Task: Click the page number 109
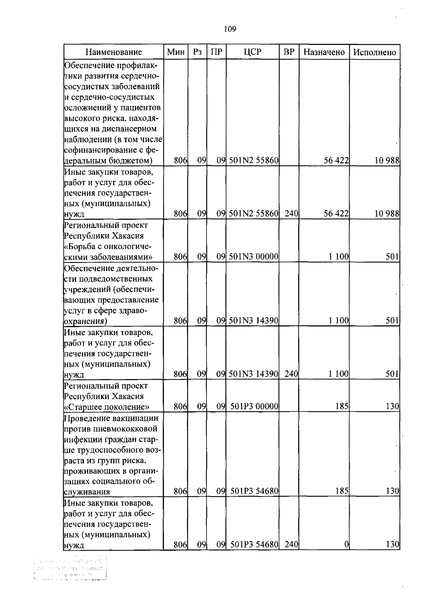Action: [230, 29]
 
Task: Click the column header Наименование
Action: [114, 52]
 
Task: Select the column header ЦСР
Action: [252, 52]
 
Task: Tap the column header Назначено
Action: [324, 52]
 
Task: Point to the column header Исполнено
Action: [374, 52]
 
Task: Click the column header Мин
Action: [176, 52]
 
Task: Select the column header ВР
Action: [289, 52]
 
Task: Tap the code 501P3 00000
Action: [254, 407]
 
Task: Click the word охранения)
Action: [85, 321]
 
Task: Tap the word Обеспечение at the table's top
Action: [90, 65]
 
